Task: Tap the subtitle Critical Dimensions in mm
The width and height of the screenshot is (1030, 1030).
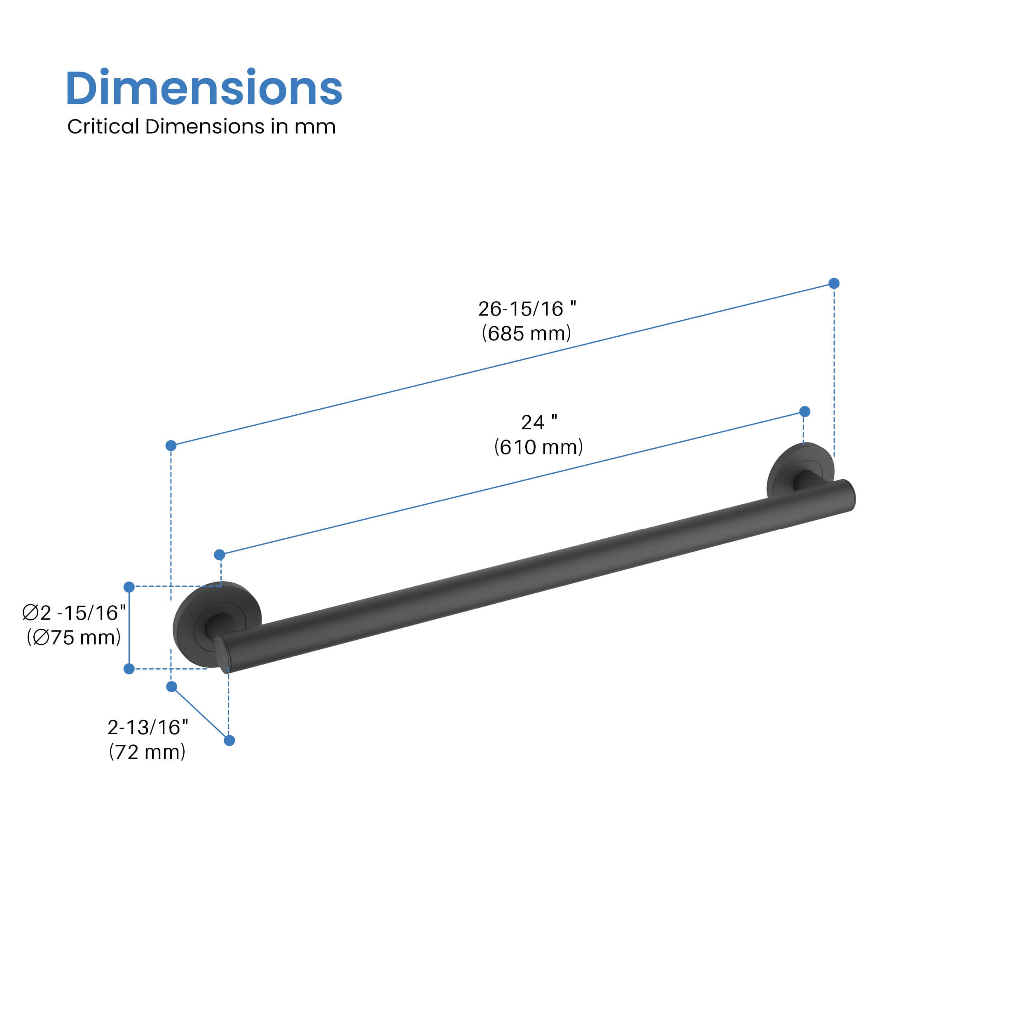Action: click(201, 127)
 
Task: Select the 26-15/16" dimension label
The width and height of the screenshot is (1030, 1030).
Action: click(526, 309)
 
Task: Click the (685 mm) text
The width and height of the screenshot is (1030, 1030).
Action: click(526, 334)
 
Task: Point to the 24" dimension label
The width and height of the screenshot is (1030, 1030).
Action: click(538, 422)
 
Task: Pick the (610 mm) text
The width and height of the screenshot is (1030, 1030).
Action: click(538, 447)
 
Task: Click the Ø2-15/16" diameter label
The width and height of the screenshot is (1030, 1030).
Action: click(74, 613)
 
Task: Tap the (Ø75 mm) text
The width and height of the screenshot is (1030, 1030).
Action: click(74, 638)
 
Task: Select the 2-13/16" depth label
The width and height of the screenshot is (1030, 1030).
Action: click(147, 727)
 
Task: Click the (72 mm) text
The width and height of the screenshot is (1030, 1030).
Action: click(147, 752)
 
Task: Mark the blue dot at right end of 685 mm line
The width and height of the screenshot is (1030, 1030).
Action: click(834, 283)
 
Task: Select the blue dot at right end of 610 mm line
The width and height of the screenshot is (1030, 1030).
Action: click(805, 412)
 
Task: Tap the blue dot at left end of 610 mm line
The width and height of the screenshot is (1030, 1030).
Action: click(220, 555)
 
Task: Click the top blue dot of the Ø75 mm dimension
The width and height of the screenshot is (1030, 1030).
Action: click(129, 587)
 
